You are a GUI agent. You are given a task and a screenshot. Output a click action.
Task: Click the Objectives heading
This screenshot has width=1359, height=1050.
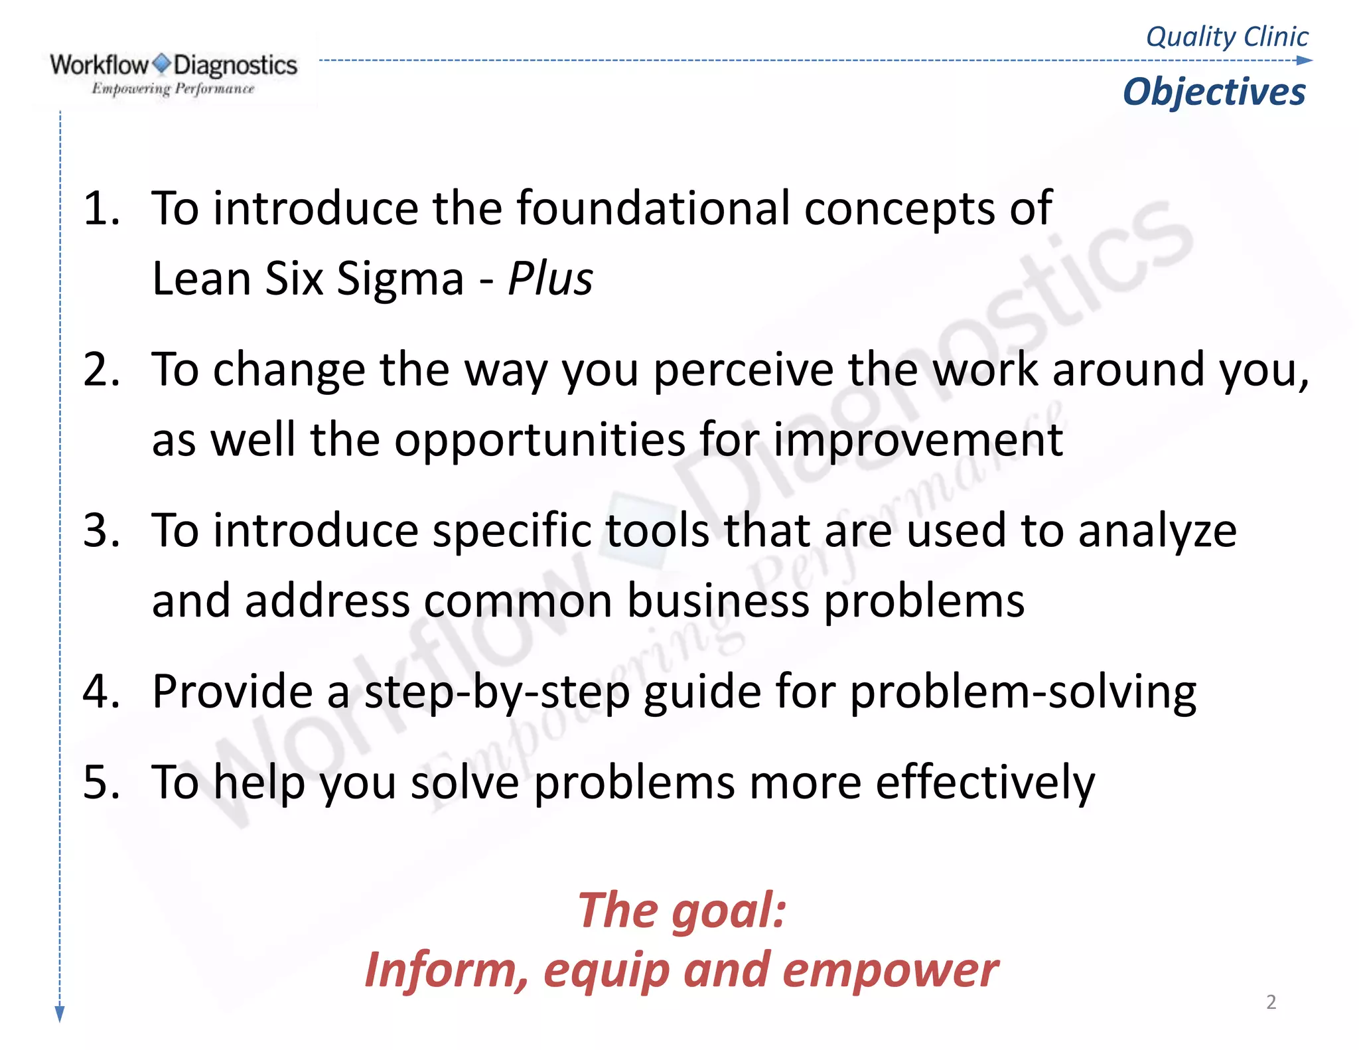click(x=1214, y=92)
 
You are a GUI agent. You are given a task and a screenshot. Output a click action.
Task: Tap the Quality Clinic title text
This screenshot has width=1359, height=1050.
click(x=1227, y=37)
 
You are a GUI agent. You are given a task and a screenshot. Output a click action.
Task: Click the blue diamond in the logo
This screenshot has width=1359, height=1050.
click(x=161, y=64)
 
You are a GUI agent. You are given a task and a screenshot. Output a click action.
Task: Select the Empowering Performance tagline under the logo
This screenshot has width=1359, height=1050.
click(x=173, y=88)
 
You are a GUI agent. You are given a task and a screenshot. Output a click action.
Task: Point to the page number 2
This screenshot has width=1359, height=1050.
click(x=1271, y=1002)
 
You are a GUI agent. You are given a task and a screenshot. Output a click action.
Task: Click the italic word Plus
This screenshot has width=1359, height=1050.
click(x=550, y=278)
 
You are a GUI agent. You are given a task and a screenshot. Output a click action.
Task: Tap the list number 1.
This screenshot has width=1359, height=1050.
click(x=101, y=208)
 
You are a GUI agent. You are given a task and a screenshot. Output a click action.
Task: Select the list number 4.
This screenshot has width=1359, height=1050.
click(x=101, y=692)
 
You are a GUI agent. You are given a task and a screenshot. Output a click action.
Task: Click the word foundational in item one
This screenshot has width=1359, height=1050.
click(x=654, y=208)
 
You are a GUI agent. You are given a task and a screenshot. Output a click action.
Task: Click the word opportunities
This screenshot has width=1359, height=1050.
click(x=539, y=440)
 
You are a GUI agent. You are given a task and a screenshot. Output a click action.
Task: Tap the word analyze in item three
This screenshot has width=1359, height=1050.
click(x=1157, y=532)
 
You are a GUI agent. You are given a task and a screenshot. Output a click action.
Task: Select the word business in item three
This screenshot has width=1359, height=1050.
click(x=718, y=601)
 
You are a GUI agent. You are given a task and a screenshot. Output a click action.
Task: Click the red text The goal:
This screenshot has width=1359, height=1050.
click(x=681, y=910)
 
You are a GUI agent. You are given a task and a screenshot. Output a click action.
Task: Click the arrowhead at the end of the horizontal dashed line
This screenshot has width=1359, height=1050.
click(x=1305, y=60)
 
